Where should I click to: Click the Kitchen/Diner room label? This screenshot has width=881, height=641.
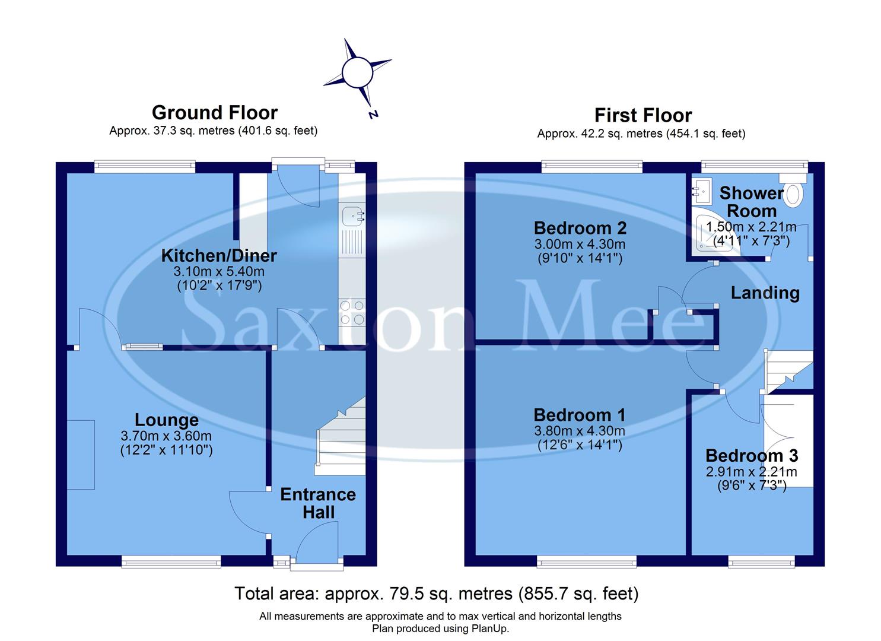219,256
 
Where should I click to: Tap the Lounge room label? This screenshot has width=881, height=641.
166,420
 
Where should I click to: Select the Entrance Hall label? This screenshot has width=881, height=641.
318,503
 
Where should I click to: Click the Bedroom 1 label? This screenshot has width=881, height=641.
580,415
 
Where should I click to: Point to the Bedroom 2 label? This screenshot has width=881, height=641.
580,228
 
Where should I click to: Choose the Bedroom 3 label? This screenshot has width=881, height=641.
752,456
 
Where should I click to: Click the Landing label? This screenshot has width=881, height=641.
765,293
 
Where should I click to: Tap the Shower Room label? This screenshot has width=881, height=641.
752,202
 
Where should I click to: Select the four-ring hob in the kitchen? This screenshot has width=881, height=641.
352,313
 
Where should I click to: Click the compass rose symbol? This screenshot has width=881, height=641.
357,72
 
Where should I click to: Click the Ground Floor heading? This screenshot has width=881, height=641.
214,113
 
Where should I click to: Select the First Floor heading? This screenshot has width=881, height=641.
643,115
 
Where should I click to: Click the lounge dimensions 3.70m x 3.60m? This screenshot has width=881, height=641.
166,436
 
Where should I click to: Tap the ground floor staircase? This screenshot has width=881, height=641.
341,436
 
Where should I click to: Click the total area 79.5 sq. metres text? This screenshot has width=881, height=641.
436,593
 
